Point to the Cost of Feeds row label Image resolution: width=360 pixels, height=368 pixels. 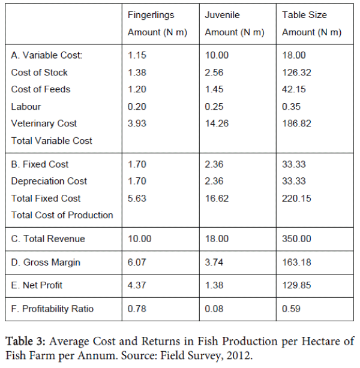click(41, 89)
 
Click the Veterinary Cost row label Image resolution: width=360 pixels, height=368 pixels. click(44, 123)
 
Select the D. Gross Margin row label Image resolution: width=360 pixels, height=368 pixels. click(46, 263)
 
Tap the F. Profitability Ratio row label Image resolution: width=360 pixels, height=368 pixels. click(52, 309)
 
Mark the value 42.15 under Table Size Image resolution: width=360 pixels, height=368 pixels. click(294, 89)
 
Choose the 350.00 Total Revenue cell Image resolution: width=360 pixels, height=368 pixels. click(296, 239)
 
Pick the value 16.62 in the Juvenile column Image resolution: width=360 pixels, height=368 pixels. click(217, 198)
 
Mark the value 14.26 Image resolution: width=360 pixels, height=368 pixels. click(217, 123)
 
